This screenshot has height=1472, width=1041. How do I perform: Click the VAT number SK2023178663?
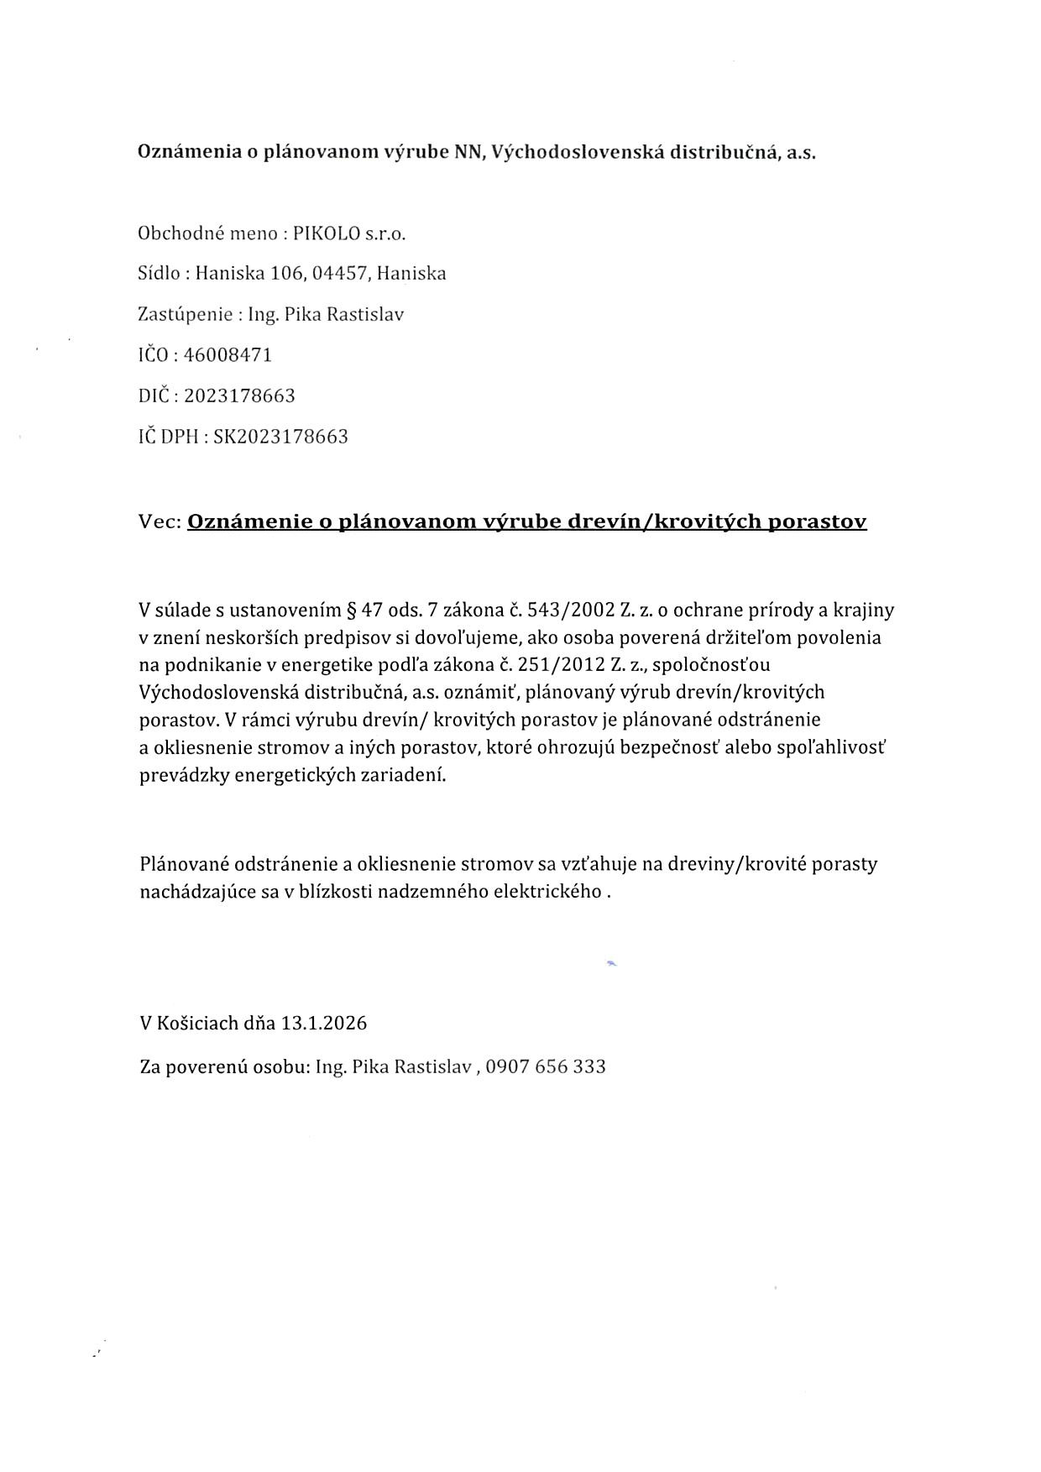pyautogui.click(x=280, y=437)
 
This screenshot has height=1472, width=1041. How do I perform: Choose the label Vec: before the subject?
pyautogui.click(x=160, y=521)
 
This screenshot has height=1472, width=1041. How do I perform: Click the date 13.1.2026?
pyautogui.click(x=324, y=1024)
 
